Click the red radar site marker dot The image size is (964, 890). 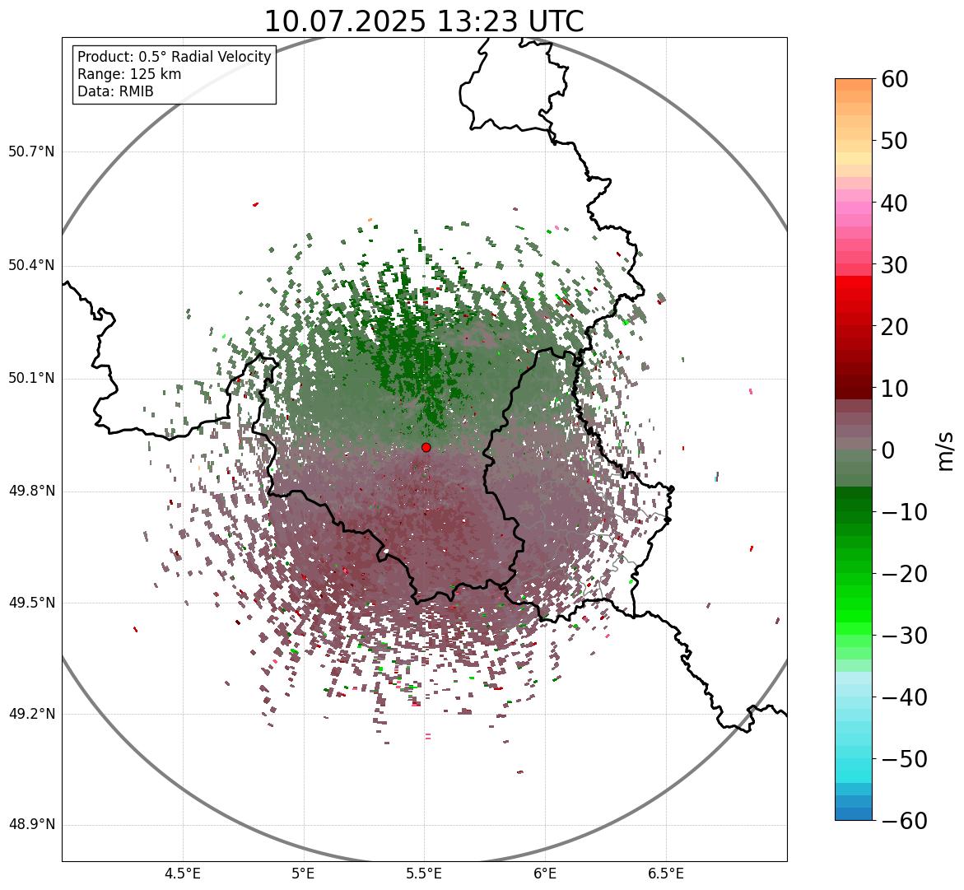(x=426, y=447)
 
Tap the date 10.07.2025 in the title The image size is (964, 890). (x=344, y=21)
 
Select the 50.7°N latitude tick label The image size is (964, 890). (x=31, y=151)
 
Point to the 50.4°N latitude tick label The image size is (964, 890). (x=31, y=265)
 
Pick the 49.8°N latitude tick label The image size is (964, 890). (x=31, y=491)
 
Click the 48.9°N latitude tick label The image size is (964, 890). (x=31, y=825)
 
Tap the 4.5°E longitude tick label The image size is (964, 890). (x=183, y=873)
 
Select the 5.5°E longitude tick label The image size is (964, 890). (x=424, y=873)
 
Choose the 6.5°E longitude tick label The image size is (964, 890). (x=665, y=873)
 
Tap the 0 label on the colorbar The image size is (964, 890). (x=887, y=450)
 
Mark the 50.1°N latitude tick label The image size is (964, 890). (x=31, y=378)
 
